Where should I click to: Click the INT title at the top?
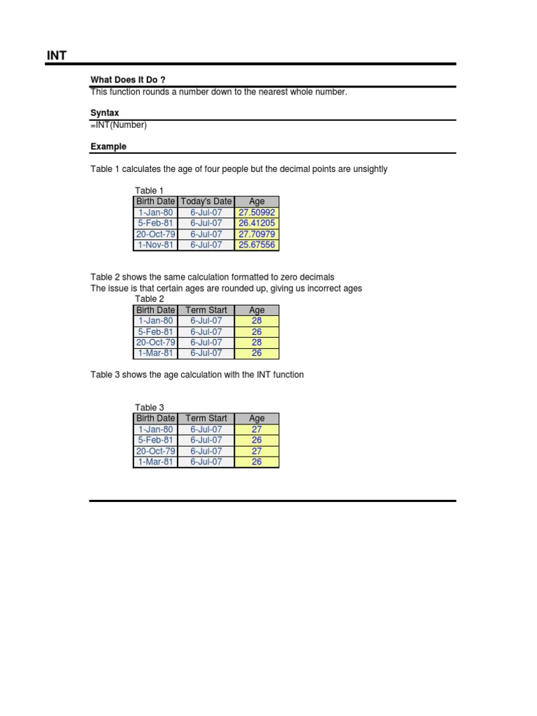(x=57, y=55)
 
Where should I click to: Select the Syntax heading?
(x=104, y=113)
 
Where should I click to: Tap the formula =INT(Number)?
(x=119, y=125)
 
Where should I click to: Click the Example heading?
(x=108, y=147)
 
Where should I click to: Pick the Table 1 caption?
(x=149, y=191)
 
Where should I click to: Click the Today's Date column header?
(x=206, y=201)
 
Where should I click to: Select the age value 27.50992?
(x=257, y=213)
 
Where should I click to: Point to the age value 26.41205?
(x=257, y=224)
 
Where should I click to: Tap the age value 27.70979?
(x=257, y=234)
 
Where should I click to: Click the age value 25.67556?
(x=257, y=245)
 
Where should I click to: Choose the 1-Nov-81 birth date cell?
(x=155, y=245)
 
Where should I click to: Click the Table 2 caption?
(x=149, y=299)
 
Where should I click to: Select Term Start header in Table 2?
(x=206, y=310)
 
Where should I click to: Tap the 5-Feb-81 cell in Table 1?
(x=155, y=224)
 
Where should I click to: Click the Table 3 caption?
(x=149, y=408)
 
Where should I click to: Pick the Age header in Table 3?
(x=257, y=419)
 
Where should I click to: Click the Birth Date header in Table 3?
(x=155, y=419)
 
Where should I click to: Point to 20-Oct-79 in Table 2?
(x=155, y=343)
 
